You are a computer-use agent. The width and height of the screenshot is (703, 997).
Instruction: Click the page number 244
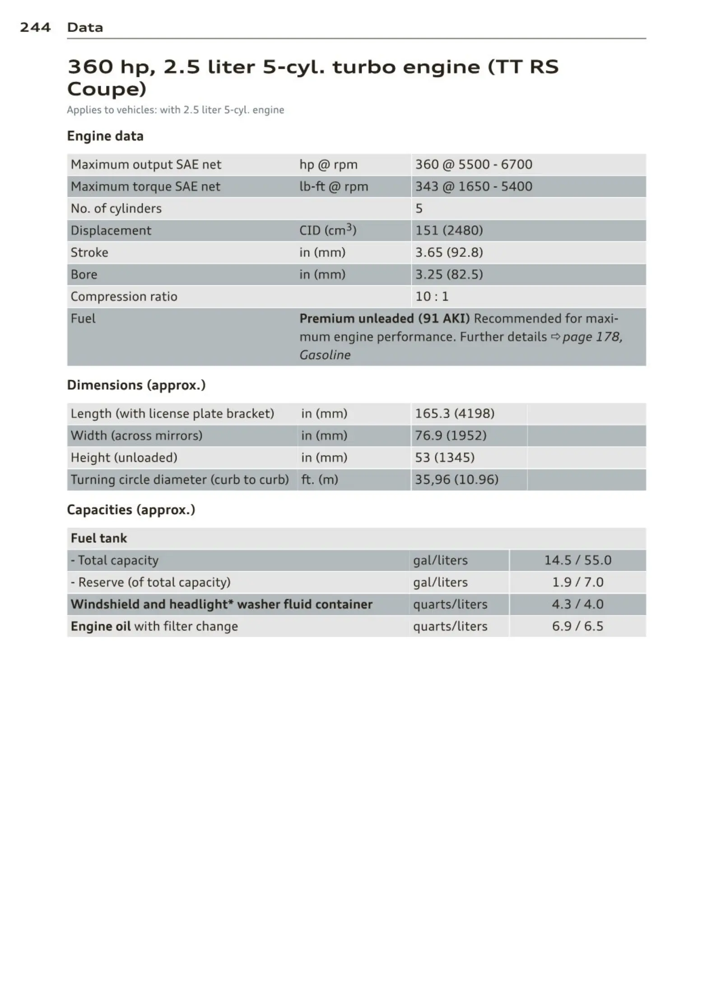(35, 28)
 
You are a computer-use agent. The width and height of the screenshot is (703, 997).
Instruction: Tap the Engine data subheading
(105, 136)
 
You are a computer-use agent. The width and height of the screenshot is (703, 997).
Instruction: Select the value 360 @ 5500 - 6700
(473, 164)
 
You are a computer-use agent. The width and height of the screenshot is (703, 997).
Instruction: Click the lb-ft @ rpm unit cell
(333, 186)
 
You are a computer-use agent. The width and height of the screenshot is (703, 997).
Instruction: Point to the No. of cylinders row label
(116, 209)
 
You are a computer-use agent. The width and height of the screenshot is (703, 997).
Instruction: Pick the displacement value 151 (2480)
(449, 231)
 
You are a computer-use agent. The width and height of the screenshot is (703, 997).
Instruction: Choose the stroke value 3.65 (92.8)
(449, 252)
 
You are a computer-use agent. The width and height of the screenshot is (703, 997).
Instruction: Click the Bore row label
(84, 275)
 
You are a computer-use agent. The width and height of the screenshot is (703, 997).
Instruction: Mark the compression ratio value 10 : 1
(432, 297)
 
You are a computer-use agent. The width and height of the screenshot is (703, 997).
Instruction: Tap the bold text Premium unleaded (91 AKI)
(384, 319)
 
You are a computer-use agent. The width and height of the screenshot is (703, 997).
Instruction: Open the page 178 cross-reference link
(591, 337)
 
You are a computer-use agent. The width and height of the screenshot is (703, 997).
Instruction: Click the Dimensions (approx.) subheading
(136, 385)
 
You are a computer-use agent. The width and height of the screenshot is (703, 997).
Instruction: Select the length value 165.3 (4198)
(454, 414)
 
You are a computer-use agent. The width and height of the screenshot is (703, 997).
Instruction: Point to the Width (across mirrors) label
(136, 436)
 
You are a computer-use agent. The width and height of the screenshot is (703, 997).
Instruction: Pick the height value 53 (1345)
(444, 458)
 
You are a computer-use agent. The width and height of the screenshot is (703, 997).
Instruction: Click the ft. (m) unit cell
(319, 480)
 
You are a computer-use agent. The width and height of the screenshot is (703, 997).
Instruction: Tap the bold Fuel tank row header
(99, 538)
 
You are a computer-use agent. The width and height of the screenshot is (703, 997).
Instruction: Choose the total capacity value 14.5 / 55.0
(577, 560)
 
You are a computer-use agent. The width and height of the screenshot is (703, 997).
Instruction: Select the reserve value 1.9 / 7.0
(577, 582)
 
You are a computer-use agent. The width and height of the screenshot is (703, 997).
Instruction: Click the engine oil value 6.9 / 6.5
(577, 626)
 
